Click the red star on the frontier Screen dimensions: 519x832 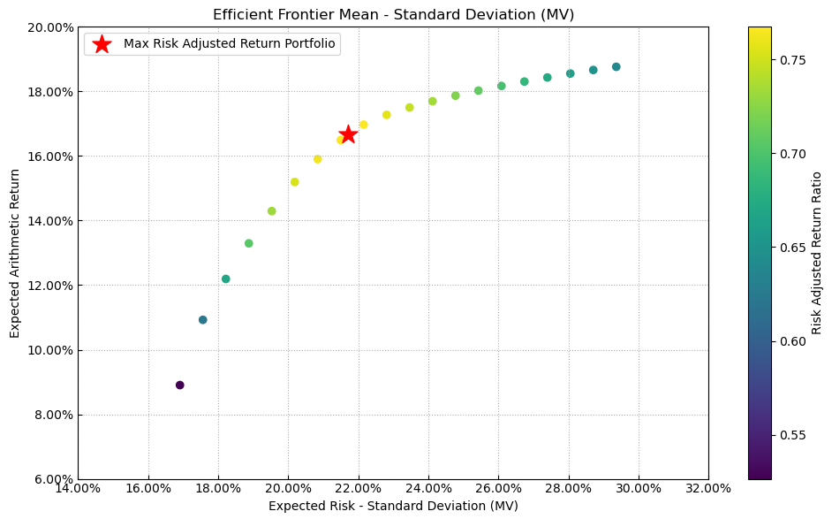coord(348,134)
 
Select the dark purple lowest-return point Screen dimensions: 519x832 coord(180,385)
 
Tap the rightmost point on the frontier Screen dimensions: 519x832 coord(616,67)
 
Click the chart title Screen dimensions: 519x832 coord(393,14)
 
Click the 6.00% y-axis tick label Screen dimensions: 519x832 coord(53,480)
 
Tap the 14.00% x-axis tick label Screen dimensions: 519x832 coord(78,488)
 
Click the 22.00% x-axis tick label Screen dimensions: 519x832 coord(358,488)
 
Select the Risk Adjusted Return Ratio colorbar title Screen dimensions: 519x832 coord(817,253)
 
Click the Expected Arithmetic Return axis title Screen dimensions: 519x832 coord(15,253)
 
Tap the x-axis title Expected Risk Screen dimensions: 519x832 coord(393,506)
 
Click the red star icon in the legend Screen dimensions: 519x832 coord(102,44)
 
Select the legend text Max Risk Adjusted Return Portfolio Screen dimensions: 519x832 coord(230,44)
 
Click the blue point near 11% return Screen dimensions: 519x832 coord(203,320)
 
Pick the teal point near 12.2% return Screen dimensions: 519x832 coord(226,279)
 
